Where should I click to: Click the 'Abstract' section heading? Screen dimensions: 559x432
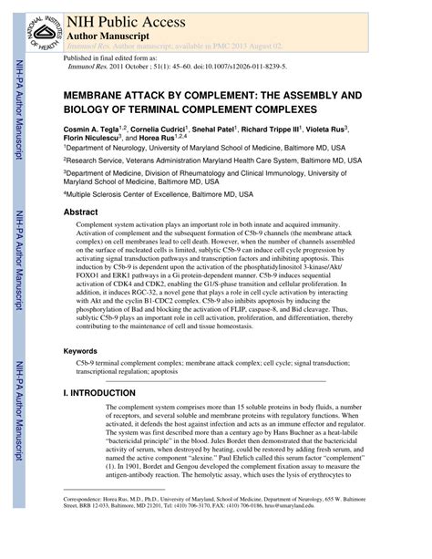[80, 211]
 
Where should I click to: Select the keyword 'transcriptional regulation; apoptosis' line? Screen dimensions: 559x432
[128, 371]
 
